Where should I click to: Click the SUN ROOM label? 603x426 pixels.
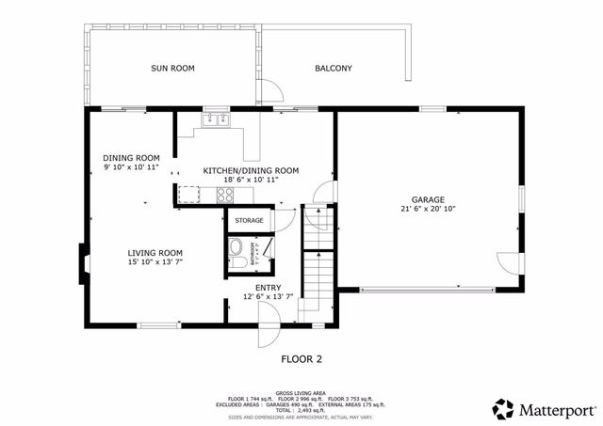coord(172,68)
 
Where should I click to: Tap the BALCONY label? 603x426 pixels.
coord(334,68)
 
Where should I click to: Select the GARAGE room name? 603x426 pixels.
coord(427,199)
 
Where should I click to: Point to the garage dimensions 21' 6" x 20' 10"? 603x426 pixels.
coord(427,209)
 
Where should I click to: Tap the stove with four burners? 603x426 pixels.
coord(226,195)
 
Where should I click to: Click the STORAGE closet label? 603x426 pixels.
coord(249,220)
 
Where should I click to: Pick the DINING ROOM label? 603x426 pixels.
coord(131,157)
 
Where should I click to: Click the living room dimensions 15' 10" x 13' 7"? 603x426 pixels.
coord(155,263)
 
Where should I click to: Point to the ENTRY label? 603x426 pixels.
coord(269,287)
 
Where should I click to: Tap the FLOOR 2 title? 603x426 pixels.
coord(301,358)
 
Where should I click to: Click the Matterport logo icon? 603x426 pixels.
coord(504,409)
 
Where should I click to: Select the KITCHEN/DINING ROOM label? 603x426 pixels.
coord(251,170)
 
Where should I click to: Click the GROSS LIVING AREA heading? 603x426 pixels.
coord(301,393)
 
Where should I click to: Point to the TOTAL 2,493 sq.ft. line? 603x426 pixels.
coord(301,410)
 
